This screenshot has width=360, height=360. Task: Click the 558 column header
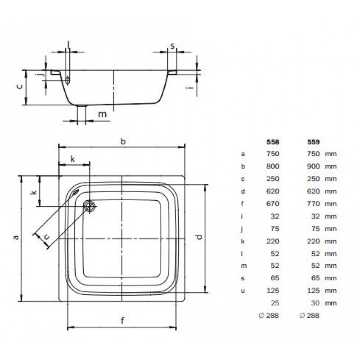pos(273,142)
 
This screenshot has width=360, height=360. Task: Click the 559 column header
pos(313,142)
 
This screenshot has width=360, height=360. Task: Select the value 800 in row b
pos(273,166)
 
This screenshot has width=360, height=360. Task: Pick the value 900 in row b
pos(313,166)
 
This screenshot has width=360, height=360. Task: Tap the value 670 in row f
pos(273,204)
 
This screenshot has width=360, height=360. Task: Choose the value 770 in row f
pos(313,204)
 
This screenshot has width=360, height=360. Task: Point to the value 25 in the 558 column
pos(275,303)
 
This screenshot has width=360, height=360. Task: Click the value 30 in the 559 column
pos(315,303)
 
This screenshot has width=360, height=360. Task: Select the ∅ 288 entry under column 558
pos(269,315)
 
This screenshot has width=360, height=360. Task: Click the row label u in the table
pos(243,291)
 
